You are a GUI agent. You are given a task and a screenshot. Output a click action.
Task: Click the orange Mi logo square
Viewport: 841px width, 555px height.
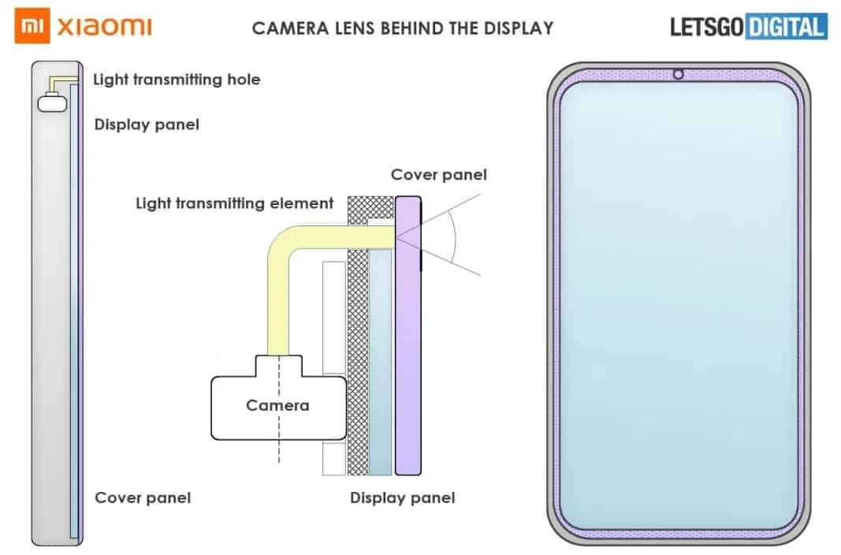click(32, 25)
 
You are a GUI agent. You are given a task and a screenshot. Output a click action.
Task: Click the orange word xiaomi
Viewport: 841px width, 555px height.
click(105, 26)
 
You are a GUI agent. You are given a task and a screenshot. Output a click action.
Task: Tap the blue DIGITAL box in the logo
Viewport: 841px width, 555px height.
click(786, 27)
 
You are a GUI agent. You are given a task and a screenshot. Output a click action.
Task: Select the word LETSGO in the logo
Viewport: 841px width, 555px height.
click(707, 28)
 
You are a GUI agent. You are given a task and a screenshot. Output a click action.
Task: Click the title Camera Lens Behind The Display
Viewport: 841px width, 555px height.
click(403, 28)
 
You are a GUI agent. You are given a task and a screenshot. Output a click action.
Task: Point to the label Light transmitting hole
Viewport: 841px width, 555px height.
click(177, 80)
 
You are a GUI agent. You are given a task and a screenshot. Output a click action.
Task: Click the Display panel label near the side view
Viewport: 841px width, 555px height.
click(147, 125)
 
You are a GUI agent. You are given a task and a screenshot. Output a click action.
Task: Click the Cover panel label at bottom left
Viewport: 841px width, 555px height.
click(143, 497)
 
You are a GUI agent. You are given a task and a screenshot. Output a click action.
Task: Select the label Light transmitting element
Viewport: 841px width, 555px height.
click(234, 203)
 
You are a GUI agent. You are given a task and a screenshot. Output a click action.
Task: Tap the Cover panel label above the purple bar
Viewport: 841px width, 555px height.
click(439, 175)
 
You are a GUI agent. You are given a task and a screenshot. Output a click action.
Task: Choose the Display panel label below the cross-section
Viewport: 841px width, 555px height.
click(402, 497)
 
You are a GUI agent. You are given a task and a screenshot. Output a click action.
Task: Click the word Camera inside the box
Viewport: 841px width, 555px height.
click(277, 405)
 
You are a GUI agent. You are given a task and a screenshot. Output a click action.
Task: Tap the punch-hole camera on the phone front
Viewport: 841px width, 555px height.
click(678, 74)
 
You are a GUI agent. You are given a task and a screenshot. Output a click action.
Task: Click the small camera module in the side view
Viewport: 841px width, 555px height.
click(53, 102)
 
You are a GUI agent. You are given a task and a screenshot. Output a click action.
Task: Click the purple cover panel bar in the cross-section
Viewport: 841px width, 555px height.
click(408, 336)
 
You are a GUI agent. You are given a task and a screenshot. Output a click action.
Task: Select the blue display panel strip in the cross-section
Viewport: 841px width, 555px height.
click(380, 362)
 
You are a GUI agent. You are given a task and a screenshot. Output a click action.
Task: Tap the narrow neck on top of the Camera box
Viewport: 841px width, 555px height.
click(279, 366)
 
